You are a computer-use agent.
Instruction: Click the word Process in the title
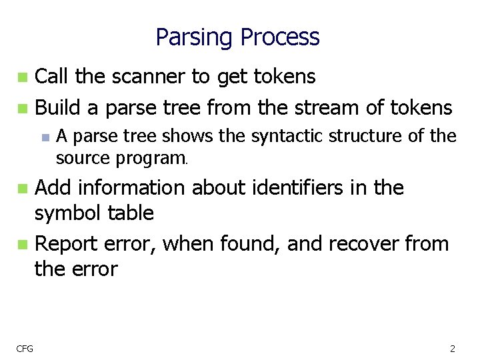280,37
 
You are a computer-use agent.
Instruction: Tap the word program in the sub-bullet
151,159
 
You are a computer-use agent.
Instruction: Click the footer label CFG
26,348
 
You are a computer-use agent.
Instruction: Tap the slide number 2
453,348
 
